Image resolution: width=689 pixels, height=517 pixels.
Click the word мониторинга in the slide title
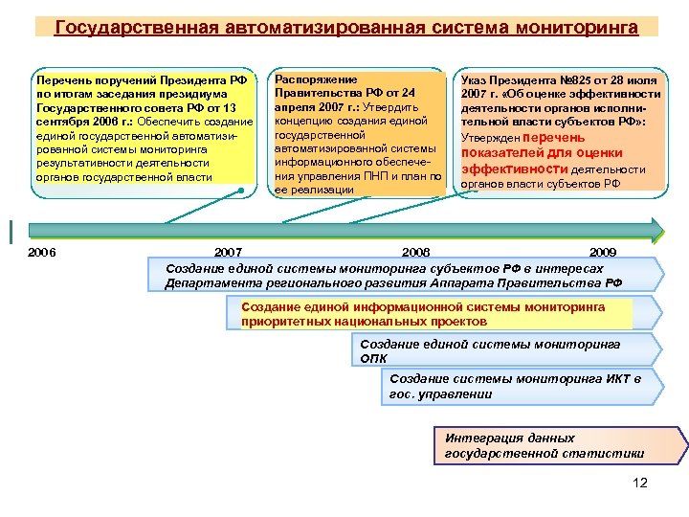click(579, 27)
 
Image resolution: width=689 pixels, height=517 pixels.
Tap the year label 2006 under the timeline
click(42, 252)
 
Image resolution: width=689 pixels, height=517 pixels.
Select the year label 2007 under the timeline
click(228, 252)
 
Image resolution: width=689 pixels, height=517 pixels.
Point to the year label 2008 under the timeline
click(416, 252)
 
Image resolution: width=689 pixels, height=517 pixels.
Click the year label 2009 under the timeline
click(603, 252)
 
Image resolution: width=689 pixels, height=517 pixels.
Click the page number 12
click(640, 483)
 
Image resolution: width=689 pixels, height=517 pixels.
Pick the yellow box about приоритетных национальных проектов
click(431, 314)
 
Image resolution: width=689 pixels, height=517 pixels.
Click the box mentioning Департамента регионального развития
click(402, 276)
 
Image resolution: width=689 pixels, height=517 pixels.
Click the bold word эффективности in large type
click(505, 169)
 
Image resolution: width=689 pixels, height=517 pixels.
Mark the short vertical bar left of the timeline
click(9, 230)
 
